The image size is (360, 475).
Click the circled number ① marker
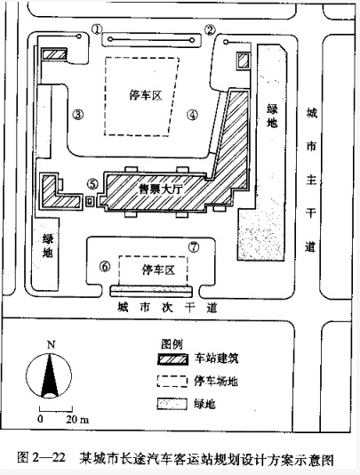(x=97, y=29)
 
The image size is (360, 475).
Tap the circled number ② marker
(x=210, y=29)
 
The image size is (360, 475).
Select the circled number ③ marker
(x=78, y=114)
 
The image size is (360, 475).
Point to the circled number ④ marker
(x=193, y=115)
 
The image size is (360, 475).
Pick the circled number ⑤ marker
(x=92, y=183)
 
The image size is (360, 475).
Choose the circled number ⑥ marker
(x=105, y=267)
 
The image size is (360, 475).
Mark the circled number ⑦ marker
(x=194, y=247)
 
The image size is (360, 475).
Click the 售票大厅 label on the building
(x=160, y=189)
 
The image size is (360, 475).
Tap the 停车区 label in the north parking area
(x=146, y=95)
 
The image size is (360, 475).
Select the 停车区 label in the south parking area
(x=158, y=270)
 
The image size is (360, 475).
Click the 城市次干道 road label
(x=167, y=308)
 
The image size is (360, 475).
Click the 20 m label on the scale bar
(x=77, y=420)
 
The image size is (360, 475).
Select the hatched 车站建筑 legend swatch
(x=172, y=359)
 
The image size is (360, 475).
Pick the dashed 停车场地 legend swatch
(x=172, y=382)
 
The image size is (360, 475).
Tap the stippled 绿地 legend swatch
(x=172, y=404)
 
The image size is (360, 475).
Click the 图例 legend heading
(x=172, y=344)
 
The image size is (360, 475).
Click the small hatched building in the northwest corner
(x=54, y=54)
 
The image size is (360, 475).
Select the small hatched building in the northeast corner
(x=244, y=60)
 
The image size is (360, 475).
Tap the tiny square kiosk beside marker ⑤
(x=90, y=201)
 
